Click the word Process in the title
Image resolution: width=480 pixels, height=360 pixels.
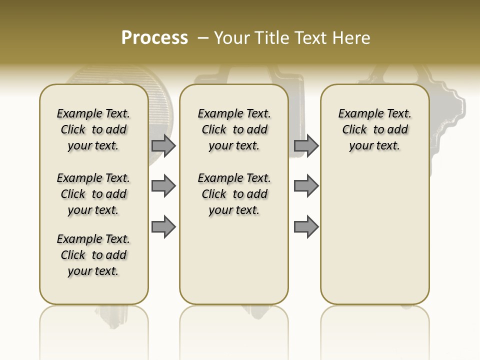pos(154,38)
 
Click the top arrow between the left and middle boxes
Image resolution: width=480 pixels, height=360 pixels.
pos(163,145)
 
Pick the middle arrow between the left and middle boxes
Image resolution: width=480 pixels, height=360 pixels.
pos(163,186)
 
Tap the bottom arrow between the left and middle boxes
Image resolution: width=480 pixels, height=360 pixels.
pos(163,226)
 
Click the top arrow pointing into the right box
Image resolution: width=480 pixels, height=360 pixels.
pos(306,145)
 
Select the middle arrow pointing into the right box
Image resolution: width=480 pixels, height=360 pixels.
pos(306,186)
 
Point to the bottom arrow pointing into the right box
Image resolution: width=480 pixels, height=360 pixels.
pos(306,226)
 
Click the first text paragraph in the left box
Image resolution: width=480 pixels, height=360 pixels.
pos(93,129)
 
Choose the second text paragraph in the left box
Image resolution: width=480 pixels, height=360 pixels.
pos(93,194)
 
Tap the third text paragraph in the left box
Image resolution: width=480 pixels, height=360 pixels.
pos(93,255)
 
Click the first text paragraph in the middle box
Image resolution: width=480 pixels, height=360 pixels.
pos(234,129)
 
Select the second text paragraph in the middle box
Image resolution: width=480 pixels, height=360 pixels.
pos(234,194)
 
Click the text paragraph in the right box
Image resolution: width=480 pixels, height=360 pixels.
pos(374,129)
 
